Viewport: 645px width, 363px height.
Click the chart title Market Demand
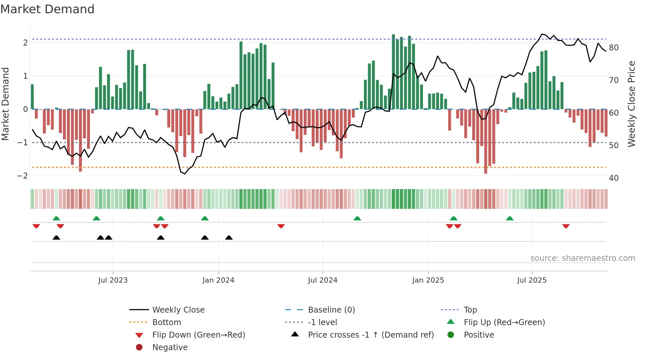[x=47, y=9]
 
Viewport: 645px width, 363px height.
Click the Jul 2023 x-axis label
[x=113, y=280]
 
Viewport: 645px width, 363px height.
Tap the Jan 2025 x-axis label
[x=428, y=280]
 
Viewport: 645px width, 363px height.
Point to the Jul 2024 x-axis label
[x=322, y=280]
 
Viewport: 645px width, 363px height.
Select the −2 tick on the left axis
[x=22, y=176]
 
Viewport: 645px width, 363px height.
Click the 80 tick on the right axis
[x=614, y=48]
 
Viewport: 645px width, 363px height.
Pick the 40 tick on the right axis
[x=614, y=178]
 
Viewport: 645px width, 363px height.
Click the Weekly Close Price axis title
[x=631, y=104]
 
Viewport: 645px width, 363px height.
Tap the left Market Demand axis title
[x=5, y=104]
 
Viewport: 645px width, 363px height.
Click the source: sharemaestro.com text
[x=582, y=258]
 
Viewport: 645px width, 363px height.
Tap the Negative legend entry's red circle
[x=139, y=348]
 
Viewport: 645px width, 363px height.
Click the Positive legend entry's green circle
[x=451, y=335]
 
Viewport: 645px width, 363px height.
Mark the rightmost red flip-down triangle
[x=566, y=226]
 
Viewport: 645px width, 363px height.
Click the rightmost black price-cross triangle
[x=229, y=237]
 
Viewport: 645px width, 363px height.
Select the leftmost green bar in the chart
[x=32, y=97]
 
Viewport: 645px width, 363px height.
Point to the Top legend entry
[x=470, y=310]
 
